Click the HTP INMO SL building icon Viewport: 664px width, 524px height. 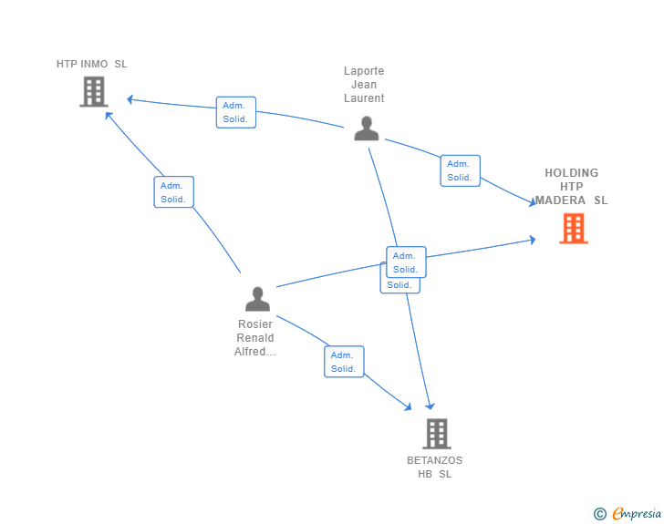93,91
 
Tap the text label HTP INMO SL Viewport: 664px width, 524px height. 91,64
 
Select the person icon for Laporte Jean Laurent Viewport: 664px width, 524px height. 366,128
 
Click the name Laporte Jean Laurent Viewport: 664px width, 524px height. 364,85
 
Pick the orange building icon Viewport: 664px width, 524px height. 573,228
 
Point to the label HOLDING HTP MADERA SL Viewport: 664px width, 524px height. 571,186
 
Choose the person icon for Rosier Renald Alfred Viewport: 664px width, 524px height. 257,299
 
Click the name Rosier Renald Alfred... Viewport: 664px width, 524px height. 255,338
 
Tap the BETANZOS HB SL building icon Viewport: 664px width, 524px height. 437,434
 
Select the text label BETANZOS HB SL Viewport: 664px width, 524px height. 435,467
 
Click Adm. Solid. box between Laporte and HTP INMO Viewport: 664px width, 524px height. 235,112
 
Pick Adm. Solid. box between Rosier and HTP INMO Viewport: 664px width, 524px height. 173,192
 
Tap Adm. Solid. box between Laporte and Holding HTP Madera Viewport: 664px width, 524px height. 460,170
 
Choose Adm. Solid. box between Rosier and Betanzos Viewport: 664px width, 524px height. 344,362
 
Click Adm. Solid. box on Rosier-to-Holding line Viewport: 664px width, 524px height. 406,262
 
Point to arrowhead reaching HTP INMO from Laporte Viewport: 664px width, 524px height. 131,98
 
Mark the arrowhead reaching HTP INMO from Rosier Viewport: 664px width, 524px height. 108,115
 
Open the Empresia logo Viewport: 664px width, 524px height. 637,514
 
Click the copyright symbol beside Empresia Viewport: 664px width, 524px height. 600,514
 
